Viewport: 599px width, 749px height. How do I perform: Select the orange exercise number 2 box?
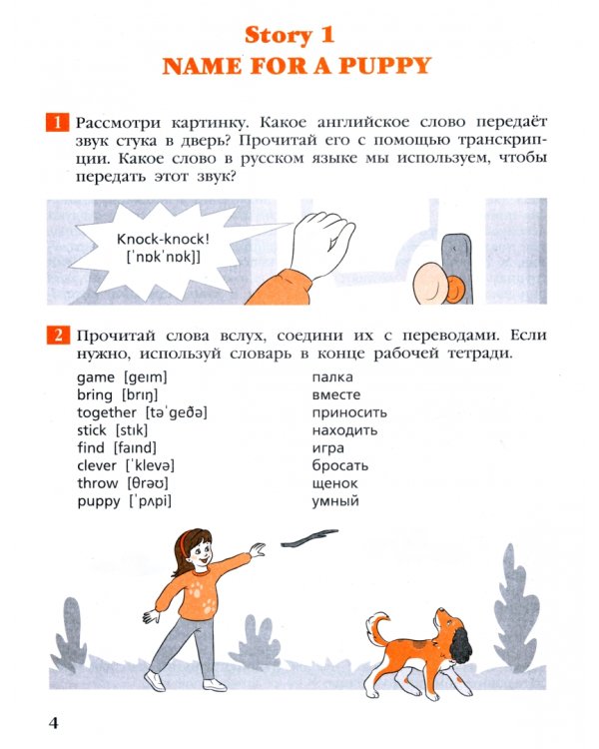pos(57,337)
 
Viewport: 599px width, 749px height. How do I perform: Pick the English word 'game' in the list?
pos(96,377)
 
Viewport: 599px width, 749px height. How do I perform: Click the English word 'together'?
pos(107,412)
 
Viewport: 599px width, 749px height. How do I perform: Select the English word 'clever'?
pos(97,465)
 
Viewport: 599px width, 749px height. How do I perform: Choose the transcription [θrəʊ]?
pos(148,483)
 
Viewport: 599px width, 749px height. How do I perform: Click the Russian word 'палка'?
pos(332,377)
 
